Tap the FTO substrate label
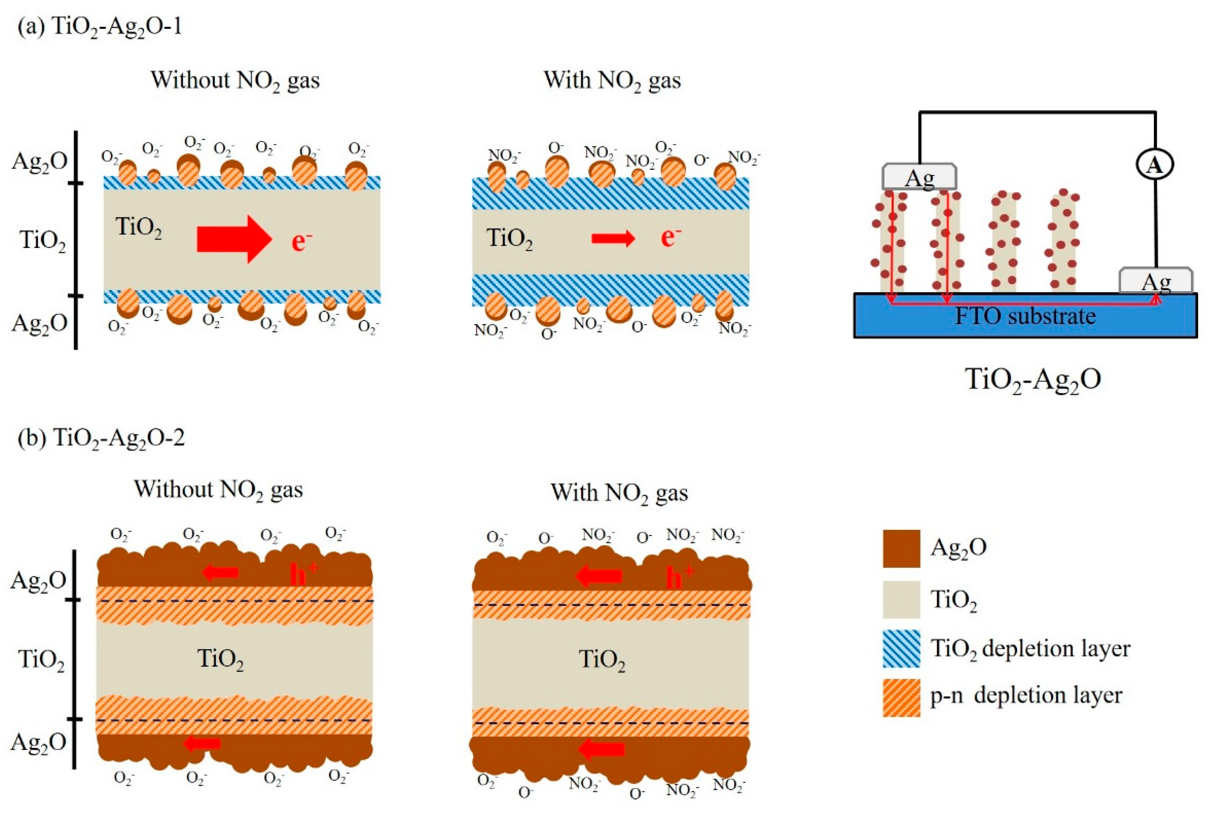1025,316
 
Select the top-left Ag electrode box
919,177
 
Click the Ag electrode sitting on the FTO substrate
1156,281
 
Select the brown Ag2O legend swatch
902,548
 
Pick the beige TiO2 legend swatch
902,599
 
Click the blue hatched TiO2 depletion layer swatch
902,648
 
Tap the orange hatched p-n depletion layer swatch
902,698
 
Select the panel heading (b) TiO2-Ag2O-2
101,438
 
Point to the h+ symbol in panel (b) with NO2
680,577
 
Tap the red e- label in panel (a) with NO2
670,237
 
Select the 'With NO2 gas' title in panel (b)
619,493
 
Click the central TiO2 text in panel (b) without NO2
220,660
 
